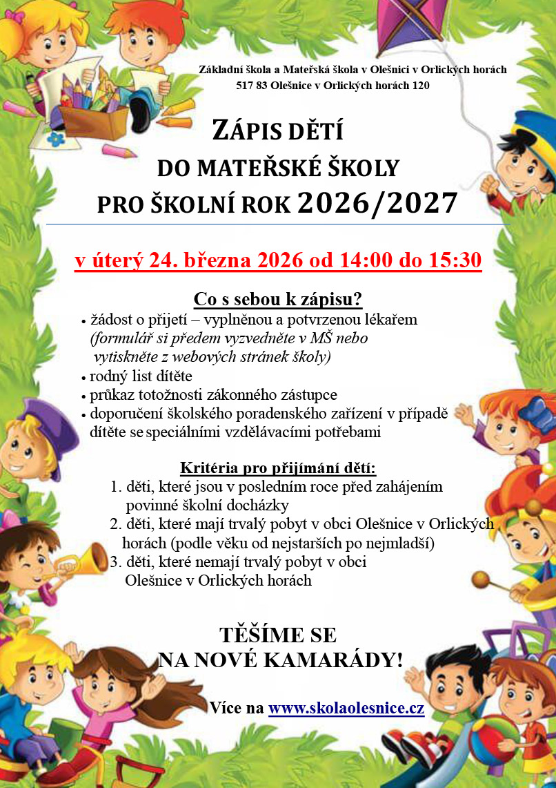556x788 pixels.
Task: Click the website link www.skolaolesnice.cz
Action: pos(346,709)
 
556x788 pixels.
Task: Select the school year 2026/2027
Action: pos(377,204)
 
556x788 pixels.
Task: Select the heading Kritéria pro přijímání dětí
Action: pos(277,469)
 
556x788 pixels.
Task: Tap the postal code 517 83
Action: pos(249,86)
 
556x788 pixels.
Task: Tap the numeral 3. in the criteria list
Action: pos(116,562)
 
